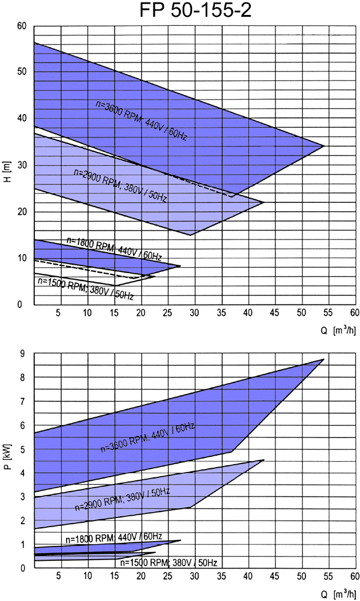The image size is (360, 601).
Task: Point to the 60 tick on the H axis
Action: (x=22, y=26)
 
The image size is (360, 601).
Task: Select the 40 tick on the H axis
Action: (x=22, y=118)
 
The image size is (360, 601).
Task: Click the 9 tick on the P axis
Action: (x=22, y=354)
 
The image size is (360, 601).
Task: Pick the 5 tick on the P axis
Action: (x=22, y=449)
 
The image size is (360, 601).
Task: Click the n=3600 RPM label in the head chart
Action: (x=142, y=120)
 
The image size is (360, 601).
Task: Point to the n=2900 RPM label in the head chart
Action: (x=120, y=185)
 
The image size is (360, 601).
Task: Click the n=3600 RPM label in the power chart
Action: (x=148, y=438)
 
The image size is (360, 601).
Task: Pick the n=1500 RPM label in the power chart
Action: (x=169, y=563)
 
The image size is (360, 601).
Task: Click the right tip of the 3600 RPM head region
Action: (x=324, y=146)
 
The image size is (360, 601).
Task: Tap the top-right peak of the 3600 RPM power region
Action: (x=323, y=359)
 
